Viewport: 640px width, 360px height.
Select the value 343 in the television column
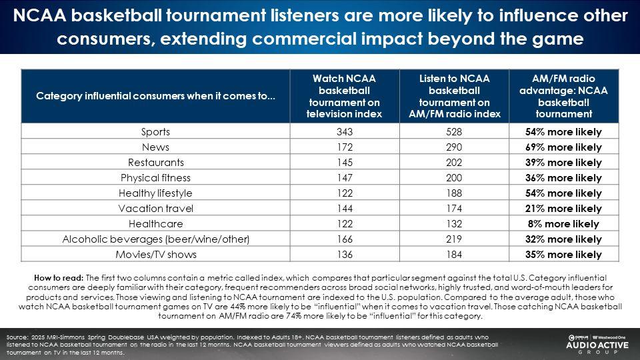[x=343, y=131]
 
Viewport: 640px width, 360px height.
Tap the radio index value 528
[x=455, y=131]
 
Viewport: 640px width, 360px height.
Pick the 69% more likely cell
[x=563, y=147]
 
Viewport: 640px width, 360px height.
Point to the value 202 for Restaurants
[x=455, y=162]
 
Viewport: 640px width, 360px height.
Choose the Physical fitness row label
[x=155, y=177]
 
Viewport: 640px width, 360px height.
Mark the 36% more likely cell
[x=563, y=177]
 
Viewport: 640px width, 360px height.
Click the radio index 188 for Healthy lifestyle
[x=455, y=193]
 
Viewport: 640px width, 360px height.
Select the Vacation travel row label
[x=155, y=208]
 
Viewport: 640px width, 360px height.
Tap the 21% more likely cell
[x=563, y=208]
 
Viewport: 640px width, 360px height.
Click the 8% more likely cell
[x=563, y=223]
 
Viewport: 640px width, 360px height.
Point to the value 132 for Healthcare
[x=455, y=223]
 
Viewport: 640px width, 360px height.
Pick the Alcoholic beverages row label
[x=155, y=239]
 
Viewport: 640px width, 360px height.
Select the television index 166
[x=343, y=239]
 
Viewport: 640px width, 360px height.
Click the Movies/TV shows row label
[x=155, y=254]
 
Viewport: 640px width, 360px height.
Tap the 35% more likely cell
[x=563, y=254]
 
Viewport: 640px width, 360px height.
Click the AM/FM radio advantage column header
[x=563, y=96]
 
